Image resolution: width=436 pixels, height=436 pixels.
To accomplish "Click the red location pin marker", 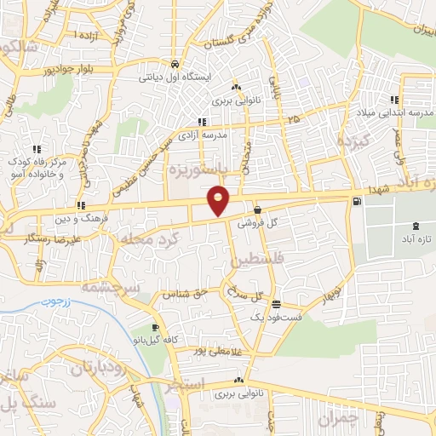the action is coord(219,200).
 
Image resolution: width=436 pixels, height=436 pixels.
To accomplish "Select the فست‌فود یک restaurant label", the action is coord(269,317).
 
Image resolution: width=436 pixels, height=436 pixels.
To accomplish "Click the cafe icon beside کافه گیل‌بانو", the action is coord(155,327).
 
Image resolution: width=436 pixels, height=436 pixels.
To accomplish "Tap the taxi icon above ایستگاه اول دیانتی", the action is coord(174,64).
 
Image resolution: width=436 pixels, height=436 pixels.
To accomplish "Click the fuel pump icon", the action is coord(356,202).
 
